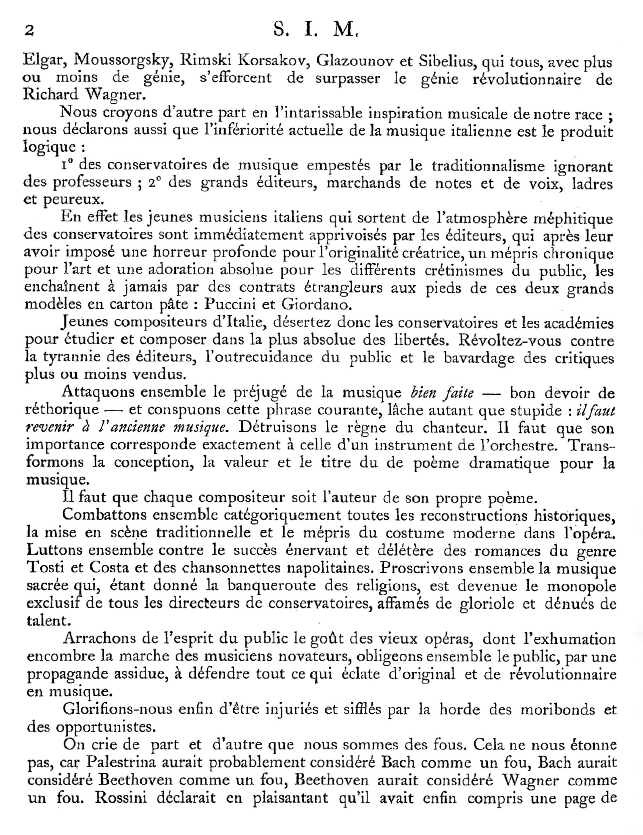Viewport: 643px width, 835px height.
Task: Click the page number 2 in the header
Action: tap(29, 31)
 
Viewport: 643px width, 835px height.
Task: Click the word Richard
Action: tap(51, 94)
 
